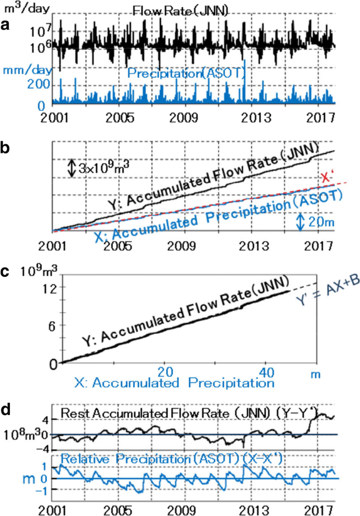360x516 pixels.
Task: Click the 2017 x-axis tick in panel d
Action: click(x=321, y=509)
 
